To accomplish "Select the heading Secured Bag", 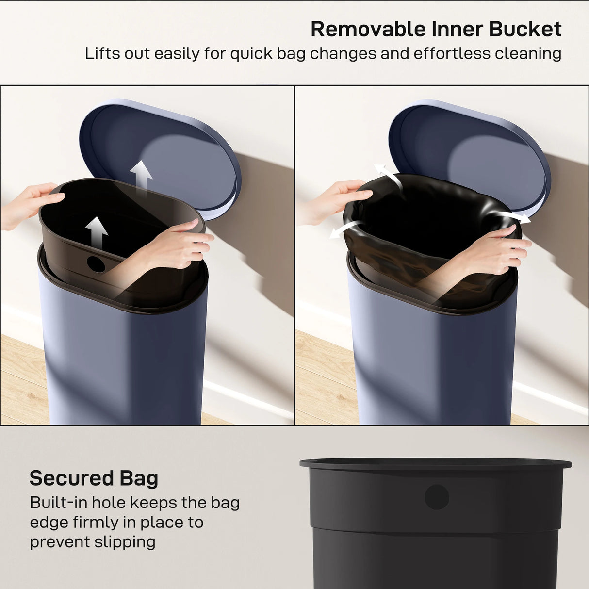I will [x=94, y=478].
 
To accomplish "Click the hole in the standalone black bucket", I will [x=437, y=497].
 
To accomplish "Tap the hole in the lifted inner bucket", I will [x=96, y=264].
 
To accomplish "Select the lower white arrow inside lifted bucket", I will [x=97, y=232].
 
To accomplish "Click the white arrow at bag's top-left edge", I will [x=387, y=176].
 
